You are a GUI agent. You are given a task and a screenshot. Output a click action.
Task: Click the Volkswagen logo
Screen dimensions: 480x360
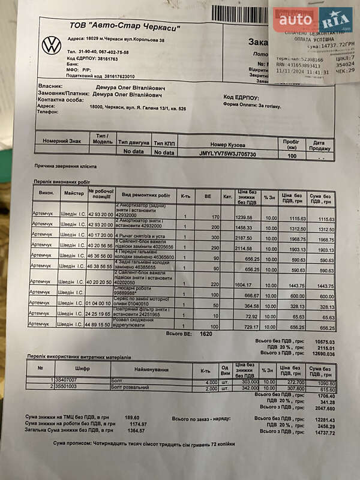click(52, 45)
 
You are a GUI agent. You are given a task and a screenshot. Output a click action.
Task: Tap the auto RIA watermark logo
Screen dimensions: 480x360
click(314, 21)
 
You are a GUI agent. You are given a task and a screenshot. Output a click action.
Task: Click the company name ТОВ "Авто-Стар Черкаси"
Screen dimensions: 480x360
click(125, 26)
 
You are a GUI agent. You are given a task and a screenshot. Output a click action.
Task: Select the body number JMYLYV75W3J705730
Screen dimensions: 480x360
click(227, 154)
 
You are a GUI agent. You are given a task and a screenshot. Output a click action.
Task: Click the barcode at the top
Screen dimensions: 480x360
click(239, 13)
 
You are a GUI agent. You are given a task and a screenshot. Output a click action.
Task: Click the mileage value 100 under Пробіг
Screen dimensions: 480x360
click(292, 155)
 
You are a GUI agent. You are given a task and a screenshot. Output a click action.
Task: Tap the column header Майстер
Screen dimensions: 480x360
click(74, 194)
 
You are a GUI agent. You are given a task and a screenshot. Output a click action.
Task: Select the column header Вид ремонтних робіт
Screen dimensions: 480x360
click(146, 196)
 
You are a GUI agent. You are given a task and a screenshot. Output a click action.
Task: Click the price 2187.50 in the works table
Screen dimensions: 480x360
click(244, 238)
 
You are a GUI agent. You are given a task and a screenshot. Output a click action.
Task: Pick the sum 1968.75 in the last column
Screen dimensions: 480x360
click(325, 239)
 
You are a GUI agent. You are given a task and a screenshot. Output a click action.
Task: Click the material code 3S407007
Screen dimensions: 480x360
click(68, 380)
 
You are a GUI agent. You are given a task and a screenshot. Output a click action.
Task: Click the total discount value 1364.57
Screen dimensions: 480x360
click(137, 431)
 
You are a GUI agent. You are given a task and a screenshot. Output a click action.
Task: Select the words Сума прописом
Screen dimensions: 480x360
click(70, 443)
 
